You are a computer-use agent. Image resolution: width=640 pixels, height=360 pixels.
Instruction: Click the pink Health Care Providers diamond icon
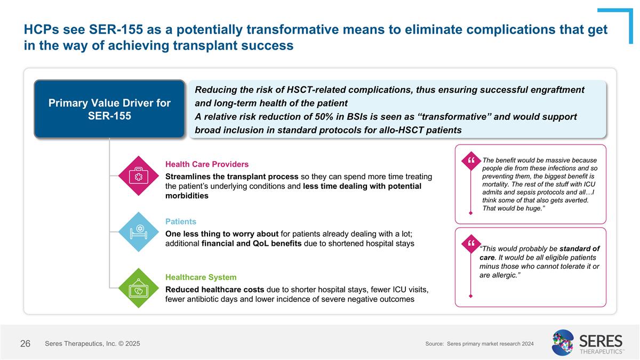139,175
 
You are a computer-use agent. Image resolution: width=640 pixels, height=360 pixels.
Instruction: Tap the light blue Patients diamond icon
139,231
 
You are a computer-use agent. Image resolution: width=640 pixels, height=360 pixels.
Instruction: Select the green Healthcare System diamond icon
139,288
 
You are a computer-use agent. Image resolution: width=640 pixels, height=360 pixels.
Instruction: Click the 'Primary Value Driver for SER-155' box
109,109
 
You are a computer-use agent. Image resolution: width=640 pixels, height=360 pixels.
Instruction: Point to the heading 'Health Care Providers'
207,164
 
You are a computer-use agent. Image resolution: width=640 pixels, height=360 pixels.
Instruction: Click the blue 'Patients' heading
181,221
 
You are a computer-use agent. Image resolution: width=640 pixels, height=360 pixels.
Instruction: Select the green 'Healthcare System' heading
201,277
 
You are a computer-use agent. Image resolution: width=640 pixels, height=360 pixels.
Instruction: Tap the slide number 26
25,344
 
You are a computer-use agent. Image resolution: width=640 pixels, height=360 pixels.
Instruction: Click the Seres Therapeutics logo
587,342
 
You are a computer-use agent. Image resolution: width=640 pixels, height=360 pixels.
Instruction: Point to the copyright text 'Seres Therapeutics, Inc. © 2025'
93,344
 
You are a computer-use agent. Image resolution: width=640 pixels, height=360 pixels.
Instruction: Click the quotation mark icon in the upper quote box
470,160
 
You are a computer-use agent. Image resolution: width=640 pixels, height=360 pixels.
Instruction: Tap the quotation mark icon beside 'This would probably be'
470,244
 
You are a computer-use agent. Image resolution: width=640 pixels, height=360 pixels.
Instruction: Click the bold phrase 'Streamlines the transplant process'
233,177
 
